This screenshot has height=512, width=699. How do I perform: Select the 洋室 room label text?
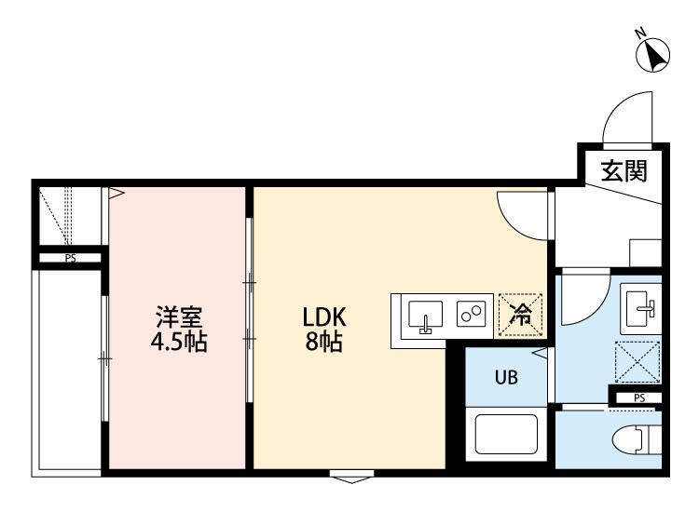pyautogui.click(x=179, y=317)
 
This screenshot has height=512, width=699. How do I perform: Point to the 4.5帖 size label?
pyautogui.click(x=179, y=342)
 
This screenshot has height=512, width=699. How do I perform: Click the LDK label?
pyautogui.click(x=323, y=317)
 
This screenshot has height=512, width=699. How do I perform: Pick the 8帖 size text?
pyautogui.click(x=323, y=342)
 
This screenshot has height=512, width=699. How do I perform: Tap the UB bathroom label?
pyautogui.click(x=506, y=378)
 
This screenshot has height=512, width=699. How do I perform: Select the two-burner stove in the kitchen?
pyautogui.click(x=471, y=314)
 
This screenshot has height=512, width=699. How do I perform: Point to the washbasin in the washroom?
pyautogui.click(x=639, y=305)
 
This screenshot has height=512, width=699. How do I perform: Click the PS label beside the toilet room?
pyautogui.click(x=638, y=398)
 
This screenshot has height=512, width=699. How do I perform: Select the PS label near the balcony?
pyautogui.click(x=70, y=259)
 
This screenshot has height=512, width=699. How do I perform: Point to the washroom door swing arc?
pyautogui.click(x=582, y=296)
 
